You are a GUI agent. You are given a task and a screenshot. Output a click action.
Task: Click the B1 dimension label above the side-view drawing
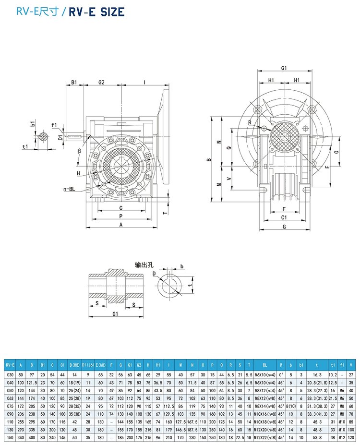click(x=74, y=83)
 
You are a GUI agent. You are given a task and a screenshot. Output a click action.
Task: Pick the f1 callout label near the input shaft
click(x=54, y=125)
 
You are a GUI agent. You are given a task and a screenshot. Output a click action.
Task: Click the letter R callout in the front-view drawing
click(x=250, y=123)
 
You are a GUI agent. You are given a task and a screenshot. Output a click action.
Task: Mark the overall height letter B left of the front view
click(x=209, y=160)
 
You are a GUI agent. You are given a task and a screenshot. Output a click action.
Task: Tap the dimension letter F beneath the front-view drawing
click(x=284, y=209)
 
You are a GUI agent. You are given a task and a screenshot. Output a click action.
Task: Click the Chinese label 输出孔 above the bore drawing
click(x=143, y=264)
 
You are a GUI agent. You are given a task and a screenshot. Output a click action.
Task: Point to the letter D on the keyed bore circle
click(x=154, y=274)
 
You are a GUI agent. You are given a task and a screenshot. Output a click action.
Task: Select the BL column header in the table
click(x=264, y=365)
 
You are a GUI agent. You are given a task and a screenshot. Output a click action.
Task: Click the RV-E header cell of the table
click(x=10, y=365)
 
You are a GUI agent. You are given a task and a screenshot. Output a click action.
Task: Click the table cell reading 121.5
click(x=32, y=382)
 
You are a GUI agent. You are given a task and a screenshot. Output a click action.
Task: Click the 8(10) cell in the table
click(x=290, y=406)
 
